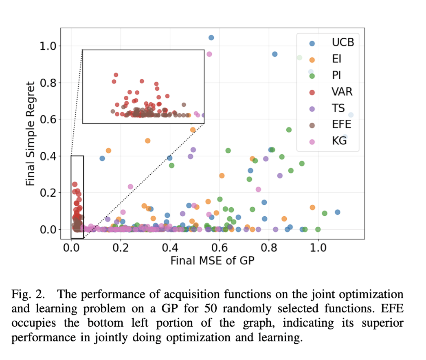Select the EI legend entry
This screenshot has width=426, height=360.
pyautogui.click(x=336, y=59)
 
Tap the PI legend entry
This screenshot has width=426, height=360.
pyautogui.click(x=336, y=75)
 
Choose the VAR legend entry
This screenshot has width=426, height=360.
pyautogui.click(x=342, y=92)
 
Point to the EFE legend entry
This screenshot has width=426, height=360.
pyautogui.click(x=341, y=124)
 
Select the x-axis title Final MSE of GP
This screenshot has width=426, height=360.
pyautogui.click(x=212, y=260)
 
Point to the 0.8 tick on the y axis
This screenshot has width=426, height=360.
pyautogui.click(x=47, y=83)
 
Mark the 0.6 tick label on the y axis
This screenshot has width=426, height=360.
pyautogui.click(x=47, y=119)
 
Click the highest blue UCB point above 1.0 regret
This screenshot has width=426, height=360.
pyautogui.click(x=211, y=37)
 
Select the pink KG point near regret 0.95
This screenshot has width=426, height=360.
pyautogui.click(x=209, y=54)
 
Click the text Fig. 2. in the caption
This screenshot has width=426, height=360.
pyautogui.click(x=25, y=294)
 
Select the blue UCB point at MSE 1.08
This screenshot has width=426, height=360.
pyautogui.click(x=337, y=212)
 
